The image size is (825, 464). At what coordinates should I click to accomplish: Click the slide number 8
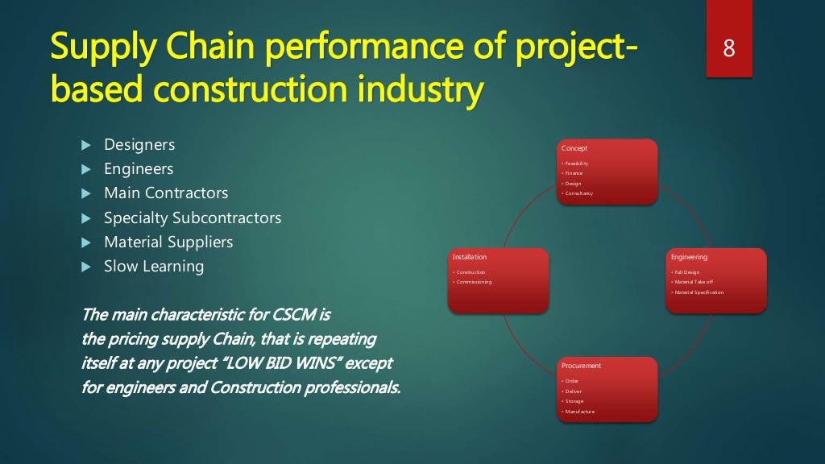coord(728,48)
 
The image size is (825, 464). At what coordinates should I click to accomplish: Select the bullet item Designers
coord(139,145)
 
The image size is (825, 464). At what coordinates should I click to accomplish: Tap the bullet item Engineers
coord(139,169)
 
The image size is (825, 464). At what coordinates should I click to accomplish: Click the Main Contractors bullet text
coord(166,193)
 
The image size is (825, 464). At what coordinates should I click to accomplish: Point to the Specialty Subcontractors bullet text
coord(193,217)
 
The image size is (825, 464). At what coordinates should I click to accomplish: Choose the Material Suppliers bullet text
coord(168,242)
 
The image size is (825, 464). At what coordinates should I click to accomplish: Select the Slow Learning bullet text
coord(154,266)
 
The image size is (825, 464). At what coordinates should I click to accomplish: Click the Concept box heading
coord(574,148)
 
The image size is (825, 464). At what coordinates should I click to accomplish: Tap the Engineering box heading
coord(689,257)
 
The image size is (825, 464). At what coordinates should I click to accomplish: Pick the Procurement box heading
coord(581,366)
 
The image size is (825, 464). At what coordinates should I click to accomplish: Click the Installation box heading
coord(469,257)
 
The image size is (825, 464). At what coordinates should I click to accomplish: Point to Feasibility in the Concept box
coord(577,164)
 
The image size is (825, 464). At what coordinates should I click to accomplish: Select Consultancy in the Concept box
coord(578,193)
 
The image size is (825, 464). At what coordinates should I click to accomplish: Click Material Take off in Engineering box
coord(694,282)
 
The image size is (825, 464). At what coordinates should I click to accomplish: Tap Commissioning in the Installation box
coord(474,282)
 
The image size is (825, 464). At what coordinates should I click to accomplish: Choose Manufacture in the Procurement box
coord(579,412)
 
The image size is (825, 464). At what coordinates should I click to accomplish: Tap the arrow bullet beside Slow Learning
coord(86,267)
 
